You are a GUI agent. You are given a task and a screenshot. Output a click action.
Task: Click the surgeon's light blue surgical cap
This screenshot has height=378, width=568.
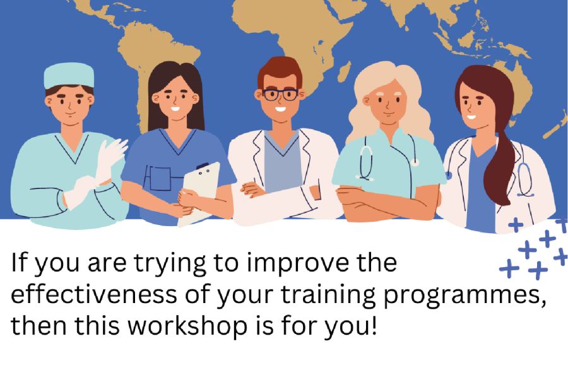(69, 75)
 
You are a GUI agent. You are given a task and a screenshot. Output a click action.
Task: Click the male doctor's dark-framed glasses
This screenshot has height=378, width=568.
(280, 94)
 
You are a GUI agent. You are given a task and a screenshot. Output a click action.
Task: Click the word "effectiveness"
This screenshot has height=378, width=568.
(94, 294)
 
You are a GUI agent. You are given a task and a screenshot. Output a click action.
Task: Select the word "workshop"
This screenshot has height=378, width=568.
(188, 325)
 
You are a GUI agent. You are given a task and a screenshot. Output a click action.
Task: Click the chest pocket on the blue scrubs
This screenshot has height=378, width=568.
(160, 178)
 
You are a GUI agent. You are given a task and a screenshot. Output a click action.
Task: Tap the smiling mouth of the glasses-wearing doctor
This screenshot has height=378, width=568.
(280, 108)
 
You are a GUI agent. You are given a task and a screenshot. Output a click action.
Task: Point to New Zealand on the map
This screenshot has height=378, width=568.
(557, 125)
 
